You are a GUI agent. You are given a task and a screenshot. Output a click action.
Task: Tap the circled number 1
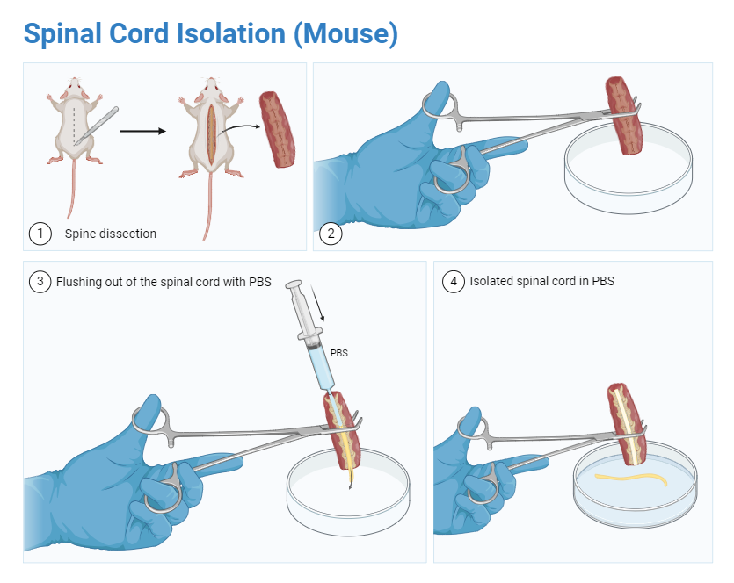(x=40, y=234)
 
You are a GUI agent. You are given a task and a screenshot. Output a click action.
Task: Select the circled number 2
(x=331, y=234)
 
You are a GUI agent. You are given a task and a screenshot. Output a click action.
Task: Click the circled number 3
(x=40, y=282)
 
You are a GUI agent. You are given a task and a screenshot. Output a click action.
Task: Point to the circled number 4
(x=453, y=282)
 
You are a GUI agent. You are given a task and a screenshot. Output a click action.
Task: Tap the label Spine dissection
(x=111, y=234)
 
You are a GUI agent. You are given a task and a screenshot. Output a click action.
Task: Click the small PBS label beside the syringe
(x=339, y=353)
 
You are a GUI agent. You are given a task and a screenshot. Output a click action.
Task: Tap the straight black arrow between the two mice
(x=142, y=131)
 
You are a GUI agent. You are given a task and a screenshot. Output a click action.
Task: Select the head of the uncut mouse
(x=74, y=89)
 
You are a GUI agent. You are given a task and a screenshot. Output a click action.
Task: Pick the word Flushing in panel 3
(x=78, y=282)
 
